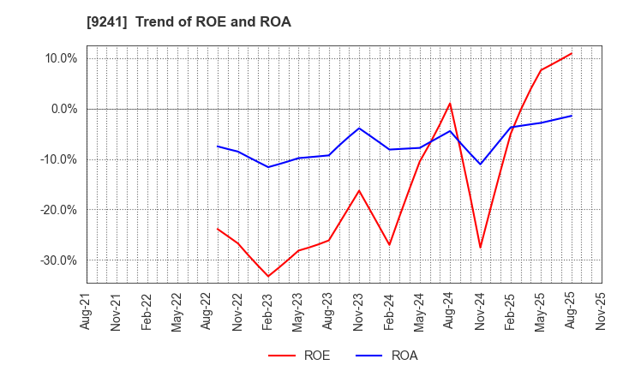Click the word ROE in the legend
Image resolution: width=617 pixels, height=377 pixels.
tap(316, 356)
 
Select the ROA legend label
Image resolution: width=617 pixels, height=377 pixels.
tap(404, 356)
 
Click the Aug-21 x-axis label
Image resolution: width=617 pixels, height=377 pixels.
tap(87, 311)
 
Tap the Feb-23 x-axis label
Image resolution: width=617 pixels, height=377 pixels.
tap(268, 311)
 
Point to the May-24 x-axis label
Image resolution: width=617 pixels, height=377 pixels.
tap(420, 311)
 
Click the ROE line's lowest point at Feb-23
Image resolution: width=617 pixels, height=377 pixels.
tap(268, 276)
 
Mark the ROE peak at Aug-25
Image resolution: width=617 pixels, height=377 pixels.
tap(571, 53)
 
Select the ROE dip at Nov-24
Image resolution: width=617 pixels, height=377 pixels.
tap(480, 248)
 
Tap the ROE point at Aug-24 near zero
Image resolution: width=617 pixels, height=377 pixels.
tap(450, 104)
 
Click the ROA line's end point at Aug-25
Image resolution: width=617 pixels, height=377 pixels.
tap(571, 116)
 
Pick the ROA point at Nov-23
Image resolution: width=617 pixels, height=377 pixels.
tap(359, 129)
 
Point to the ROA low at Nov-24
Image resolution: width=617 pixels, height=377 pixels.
tap(480, 165)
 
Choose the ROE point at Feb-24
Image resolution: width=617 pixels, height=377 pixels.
tap(389, 245)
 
